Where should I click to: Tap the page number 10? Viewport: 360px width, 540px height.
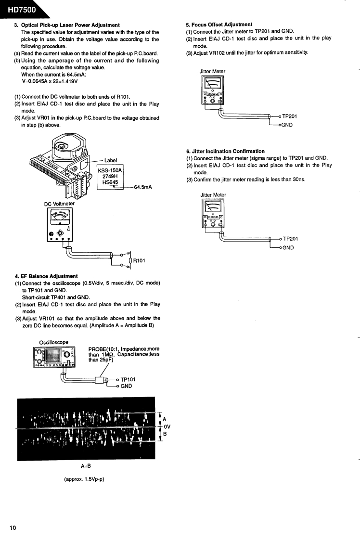pos(13,528)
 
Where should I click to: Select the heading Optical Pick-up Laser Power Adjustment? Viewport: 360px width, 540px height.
pos(70,25)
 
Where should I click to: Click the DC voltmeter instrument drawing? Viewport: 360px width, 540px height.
pos(59,225)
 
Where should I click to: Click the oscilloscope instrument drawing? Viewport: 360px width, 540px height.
pos(54,359)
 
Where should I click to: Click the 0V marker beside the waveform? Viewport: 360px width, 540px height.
pos(167,426)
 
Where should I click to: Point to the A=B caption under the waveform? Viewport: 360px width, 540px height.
pos(86,466)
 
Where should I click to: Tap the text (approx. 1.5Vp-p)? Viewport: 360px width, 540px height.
pos(84,479)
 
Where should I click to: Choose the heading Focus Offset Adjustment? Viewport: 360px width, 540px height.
pos(219,24)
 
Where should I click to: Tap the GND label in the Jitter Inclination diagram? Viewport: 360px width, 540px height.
pos(288,248)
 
